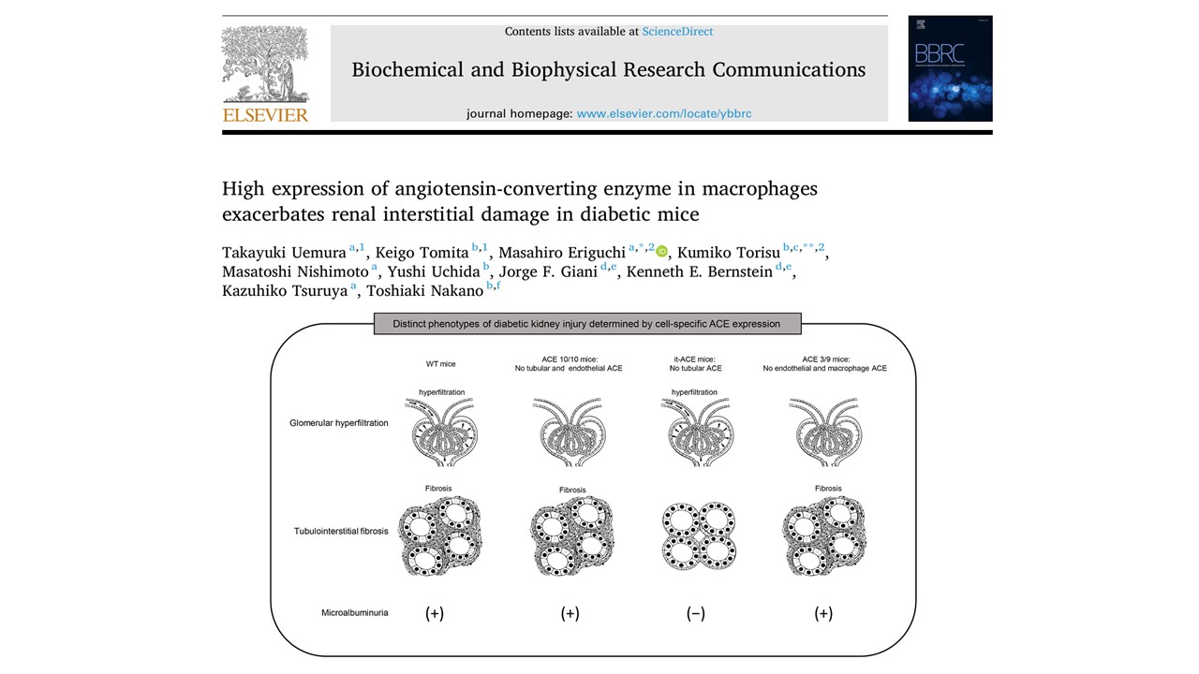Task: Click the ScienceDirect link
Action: pyautogui.click(x=677, y=32)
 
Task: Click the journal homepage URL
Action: pyautogui.click(x=663, y=113)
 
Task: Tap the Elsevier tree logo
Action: pyautogui.click(x=265, y=65)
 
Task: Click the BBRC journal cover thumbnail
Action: pyautogui.click(x=950, y=68)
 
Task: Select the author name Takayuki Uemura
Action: pyautogui.click(x=284, y=252)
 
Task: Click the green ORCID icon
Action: pyautogui.click(x=662, y=251)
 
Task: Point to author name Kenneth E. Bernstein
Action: pyautogui.click(x=698, y=271)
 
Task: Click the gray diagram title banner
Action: pyautogui.click(x=586, y=324)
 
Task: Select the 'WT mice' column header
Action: pyautogui.click(x=441, y=363)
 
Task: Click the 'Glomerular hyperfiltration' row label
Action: pyautogui.click(x=338, y=423)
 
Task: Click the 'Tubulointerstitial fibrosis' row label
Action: pyautogui.click(x=341, y=532)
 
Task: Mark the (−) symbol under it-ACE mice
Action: pyautogui.click(x=695, y=614)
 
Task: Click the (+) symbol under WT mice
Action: pyautogui.click(x=435, y=614)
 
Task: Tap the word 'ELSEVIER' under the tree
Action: pyautogui.click(x=265, y=115)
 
